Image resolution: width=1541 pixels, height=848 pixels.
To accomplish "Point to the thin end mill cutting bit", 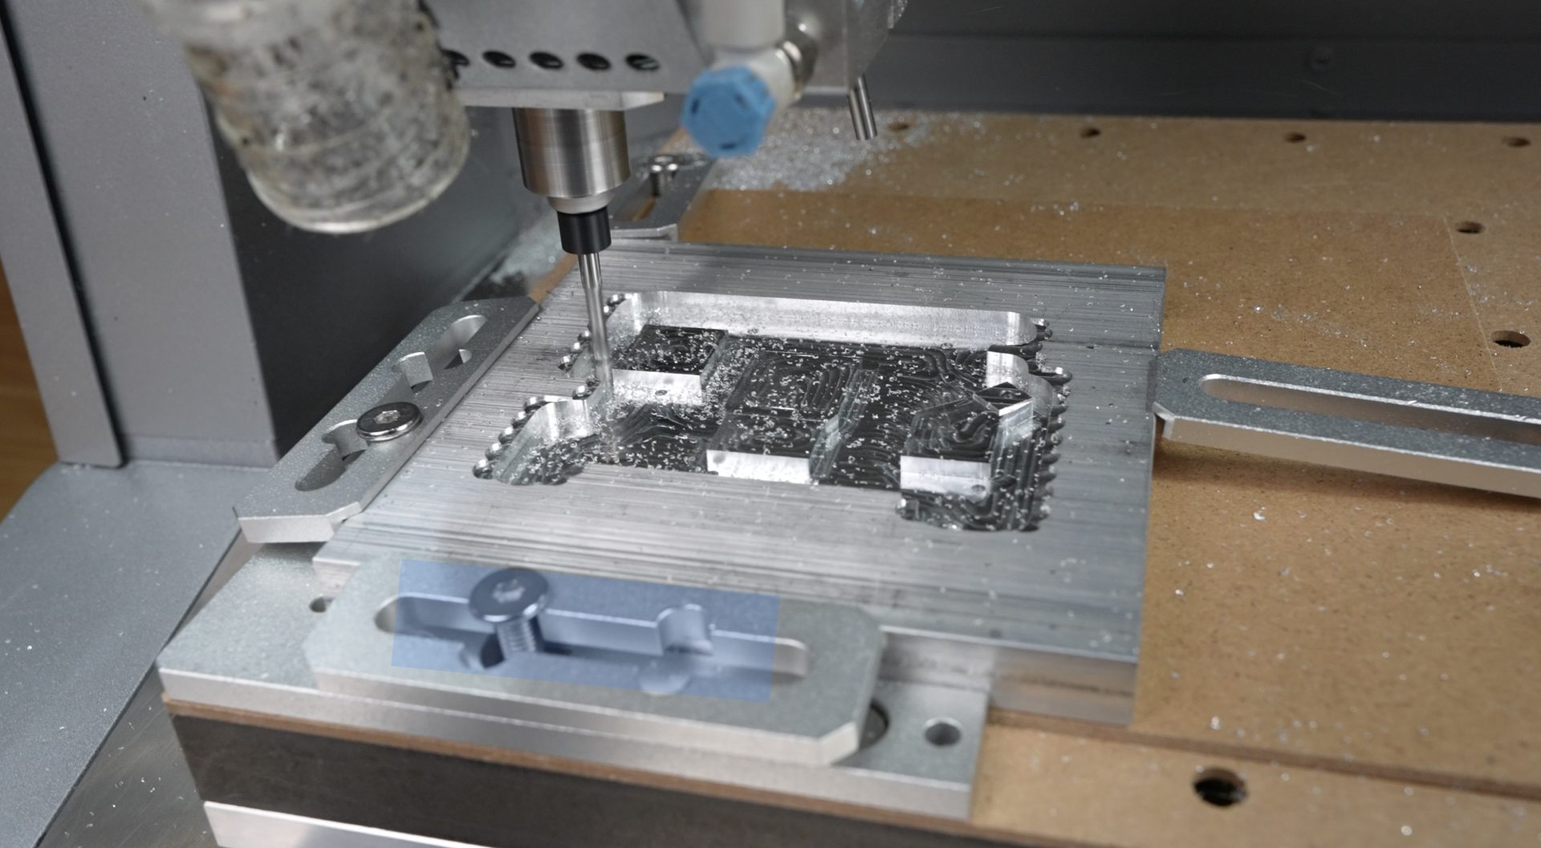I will click(593, 321).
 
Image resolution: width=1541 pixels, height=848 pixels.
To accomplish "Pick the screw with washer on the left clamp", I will click(390, 420).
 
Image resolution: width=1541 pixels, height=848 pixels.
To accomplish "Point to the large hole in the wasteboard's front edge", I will click(1220, 785).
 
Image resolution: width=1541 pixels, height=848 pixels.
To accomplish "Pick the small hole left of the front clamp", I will click(319, 604).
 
